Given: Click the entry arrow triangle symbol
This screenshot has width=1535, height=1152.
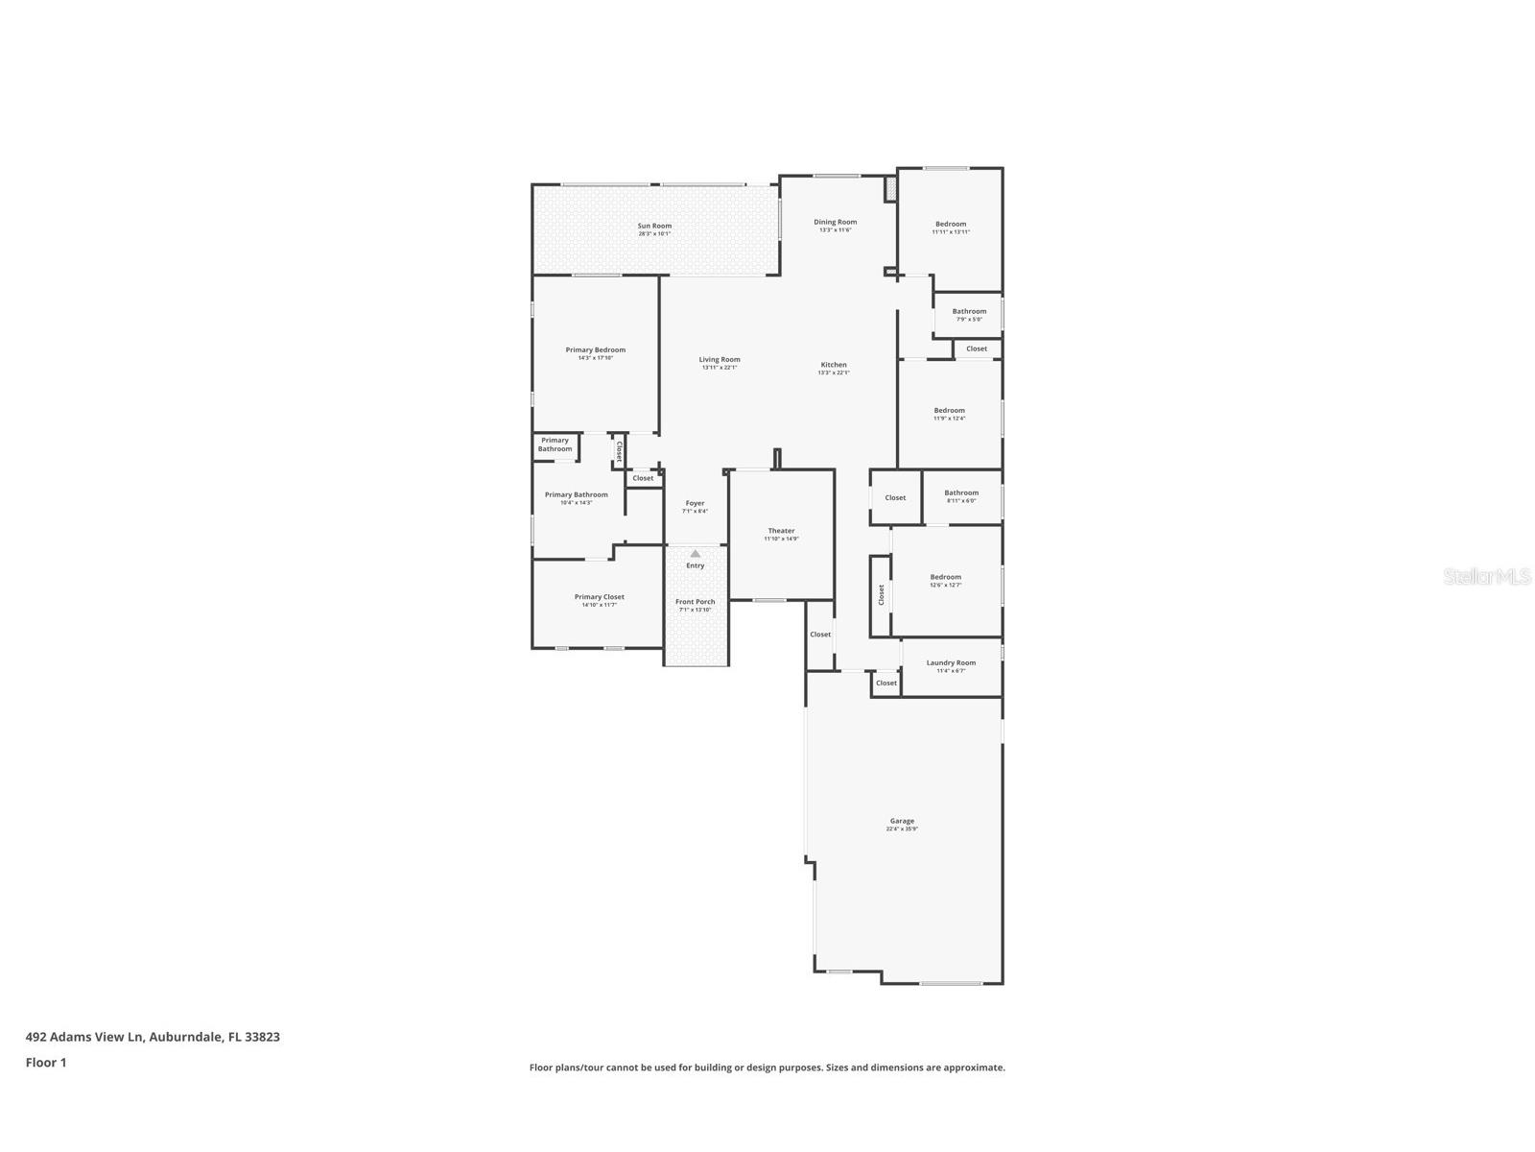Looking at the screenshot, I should [696, 554].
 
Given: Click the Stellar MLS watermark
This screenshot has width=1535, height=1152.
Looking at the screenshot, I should [1487, 576].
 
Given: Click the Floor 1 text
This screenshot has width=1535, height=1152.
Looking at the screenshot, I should [46, 1063].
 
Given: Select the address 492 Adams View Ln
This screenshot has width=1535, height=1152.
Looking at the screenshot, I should [153, 1037].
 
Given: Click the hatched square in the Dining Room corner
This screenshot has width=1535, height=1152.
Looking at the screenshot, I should [890, 189].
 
